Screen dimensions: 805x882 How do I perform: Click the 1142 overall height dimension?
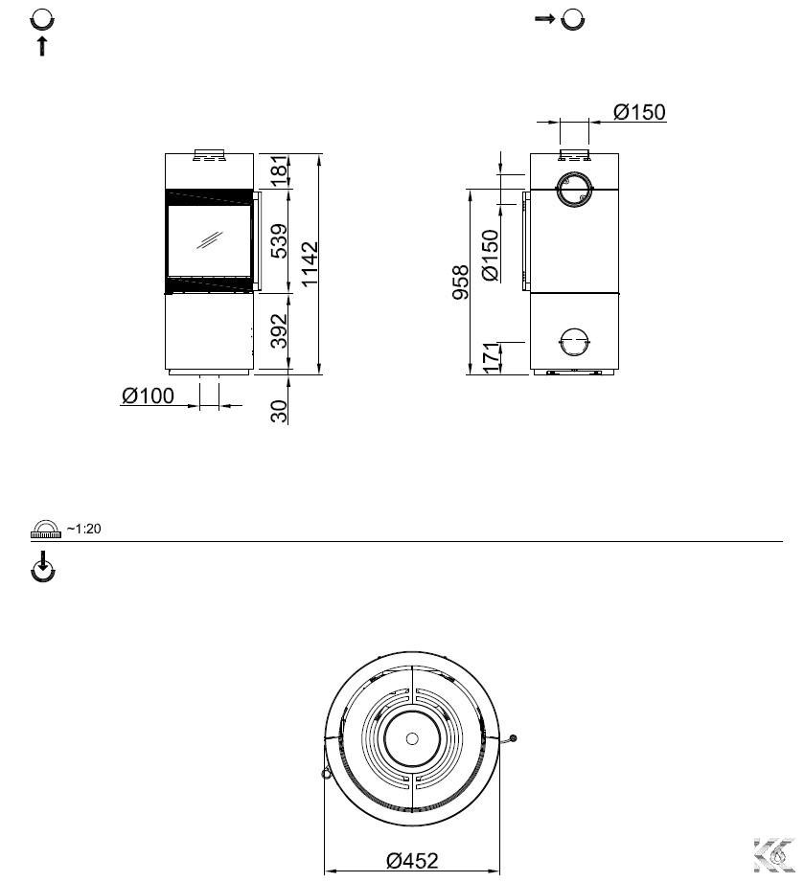310,263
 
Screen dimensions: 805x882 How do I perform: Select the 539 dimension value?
279,240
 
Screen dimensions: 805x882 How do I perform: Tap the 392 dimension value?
279,330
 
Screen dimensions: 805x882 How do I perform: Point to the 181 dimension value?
279,171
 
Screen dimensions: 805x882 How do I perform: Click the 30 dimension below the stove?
279,411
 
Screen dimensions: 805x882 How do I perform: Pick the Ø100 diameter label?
148,396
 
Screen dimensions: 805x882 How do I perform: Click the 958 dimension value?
461,283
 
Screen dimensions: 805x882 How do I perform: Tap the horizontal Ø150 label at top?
639,112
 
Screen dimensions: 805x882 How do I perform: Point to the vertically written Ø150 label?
491,255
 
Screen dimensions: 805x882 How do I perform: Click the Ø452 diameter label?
412,860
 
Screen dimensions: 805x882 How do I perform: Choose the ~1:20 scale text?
84,529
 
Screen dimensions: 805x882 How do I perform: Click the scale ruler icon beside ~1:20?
46,530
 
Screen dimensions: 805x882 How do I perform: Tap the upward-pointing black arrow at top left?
41,46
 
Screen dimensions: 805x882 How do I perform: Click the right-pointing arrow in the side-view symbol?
544,19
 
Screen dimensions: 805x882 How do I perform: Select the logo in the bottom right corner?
774,855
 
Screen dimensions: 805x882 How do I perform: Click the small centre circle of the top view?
412,738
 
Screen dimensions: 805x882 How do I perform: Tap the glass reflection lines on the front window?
209,240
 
